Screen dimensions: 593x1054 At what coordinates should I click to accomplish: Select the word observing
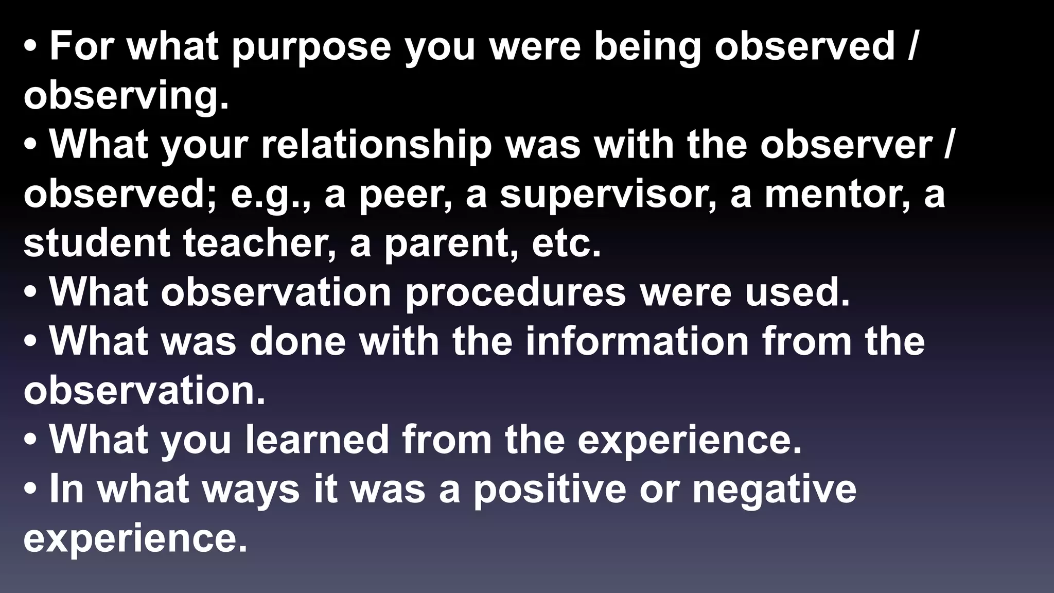[x=126, y=97]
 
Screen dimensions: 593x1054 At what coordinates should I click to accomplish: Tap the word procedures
[x=515, y=292]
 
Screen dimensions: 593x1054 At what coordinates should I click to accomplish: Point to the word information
[x=637, y=341]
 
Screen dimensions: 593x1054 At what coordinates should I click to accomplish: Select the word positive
[x=549, y=489]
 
